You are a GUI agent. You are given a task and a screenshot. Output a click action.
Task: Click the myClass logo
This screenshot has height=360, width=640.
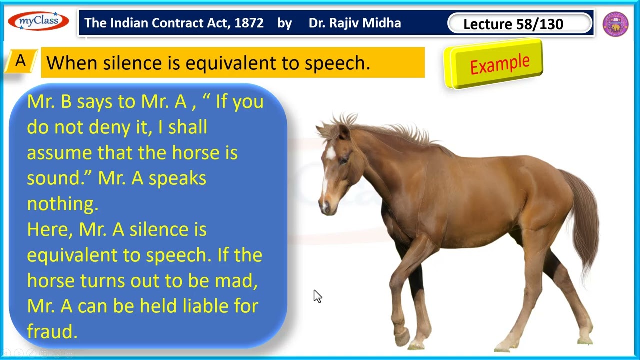38,21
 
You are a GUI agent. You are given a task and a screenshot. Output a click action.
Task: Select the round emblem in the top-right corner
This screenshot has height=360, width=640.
615,24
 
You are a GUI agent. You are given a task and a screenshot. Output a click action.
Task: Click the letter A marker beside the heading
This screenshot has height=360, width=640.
20,61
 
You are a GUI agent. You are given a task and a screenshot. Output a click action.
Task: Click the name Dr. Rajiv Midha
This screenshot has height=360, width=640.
354,23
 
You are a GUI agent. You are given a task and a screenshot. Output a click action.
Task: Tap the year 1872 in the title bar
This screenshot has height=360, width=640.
247,23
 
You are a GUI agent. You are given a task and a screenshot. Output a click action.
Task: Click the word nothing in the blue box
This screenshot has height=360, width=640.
62,204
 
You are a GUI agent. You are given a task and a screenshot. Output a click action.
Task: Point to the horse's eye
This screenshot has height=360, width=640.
344,160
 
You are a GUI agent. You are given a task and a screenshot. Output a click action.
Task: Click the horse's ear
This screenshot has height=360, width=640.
344,131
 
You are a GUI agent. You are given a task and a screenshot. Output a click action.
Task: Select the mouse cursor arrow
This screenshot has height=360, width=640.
317,296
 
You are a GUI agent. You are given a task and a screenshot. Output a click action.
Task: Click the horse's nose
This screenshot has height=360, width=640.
325,207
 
